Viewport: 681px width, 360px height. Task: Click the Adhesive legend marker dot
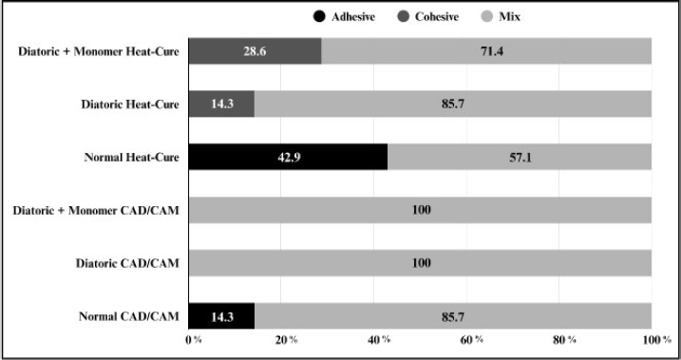(319, 17)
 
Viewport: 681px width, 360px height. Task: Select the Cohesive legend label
(437, 17)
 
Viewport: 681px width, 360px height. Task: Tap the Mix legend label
(509, 17)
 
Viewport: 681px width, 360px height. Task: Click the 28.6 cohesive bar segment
(255, 51)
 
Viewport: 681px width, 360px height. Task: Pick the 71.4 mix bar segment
(486, 51)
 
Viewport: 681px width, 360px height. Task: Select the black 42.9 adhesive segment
(289, 157)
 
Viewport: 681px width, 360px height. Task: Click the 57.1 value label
(520, 157)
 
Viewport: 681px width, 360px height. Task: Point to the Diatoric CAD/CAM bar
(420, 263)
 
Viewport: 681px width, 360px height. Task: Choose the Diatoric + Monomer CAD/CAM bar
(420, 210)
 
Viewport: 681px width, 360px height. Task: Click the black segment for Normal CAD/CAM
(222, 316)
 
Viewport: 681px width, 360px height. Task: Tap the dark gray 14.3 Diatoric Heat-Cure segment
(221, 104)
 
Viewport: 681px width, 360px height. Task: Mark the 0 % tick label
(194, 340)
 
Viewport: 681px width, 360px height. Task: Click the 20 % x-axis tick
(286, 340)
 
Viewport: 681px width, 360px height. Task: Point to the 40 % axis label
(379, 340)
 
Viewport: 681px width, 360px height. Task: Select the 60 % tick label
(472, 340)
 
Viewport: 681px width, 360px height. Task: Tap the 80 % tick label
(564, 340)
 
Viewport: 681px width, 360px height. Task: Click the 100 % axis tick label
(656, 340)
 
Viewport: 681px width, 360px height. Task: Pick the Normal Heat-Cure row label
(132, 157)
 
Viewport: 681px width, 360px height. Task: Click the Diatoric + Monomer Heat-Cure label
(99, 51)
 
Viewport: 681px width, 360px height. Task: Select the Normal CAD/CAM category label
(128, 316)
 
